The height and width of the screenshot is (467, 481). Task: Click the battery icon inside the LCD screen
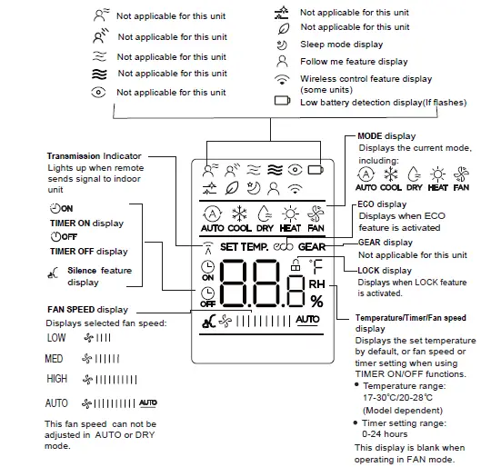point(316,169)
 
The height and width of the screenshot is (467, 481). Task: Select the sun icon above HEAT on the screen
point(290,214)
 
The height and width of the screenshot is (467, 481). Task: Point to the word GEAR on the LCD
point(311,246)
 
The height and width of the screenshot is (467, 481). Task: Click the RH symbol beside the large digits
point(316,283)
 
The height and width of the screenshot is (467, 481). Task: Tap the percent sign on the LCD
point(316,301)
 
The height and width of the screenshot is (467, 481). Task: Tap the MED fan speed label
point(55,359)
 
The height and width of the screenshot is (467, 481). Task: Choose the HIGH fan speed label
point(56,379)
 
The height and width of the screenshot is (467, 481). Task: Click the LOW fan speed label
point(55,337)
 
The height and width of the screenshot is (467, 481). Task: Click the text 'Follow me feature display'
point(354,62)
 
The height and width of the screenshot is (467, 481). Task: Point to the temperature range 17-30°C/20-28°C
point(396,396)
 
